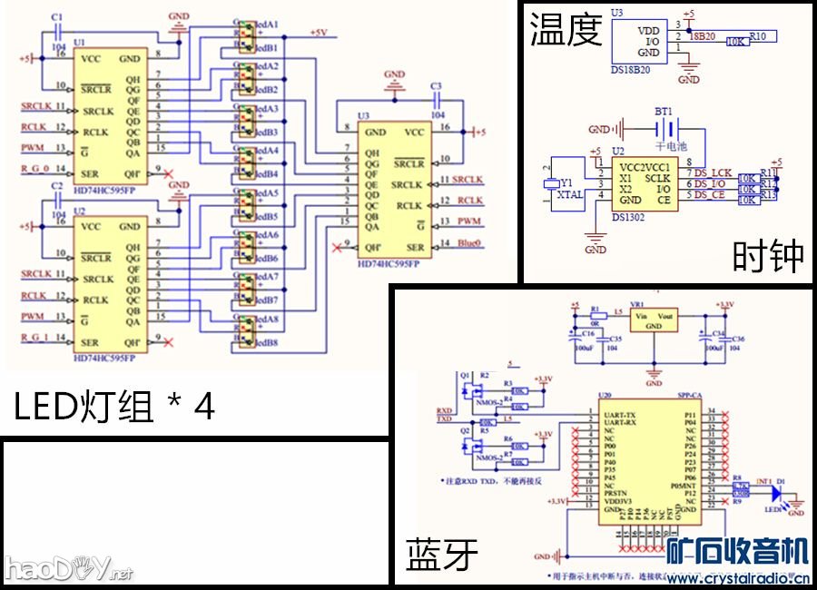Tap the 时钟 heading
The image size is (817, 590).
click(768, 258)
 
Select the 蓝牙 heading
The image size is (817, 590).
click(441, 553)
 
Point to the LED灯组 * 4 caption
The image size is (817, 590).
click(114, 406)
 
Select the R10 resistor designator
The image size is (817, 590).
click(759, 35)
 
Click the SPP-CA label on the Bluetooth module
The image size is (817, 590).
click(689, 395)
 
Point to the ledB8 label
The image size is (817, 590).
click(267, 343)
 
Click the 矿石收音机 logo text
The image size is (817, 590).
click(737, 550)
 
